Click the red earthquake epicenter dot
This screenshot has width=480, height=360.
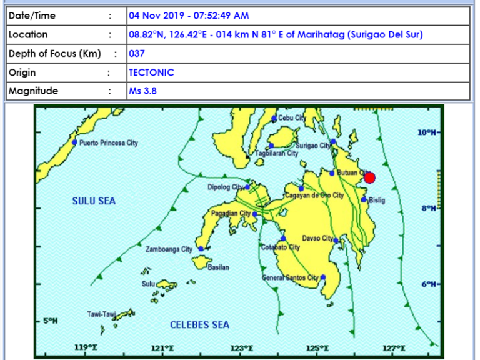point(369,177)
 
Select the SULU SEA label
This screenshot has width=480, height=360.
point(94,201)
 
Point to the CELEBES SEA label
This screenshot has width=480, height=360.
point(199,325)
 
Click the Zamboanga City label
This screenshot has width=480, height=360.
point(169,249)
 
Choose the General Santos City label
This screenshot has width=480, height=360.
point(291,277)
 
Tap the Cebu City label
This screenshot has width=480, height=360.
point(292,117)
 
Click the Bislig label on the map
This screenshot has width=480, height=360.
point(377,201)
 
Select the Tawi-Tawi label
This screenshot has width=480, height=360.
point(101,314)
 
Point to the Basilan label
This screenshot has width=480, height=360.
point(218,267)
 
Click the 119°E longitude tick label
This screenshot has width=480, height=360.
point(86,348)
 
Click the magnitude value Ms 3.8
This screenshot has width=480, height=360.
point(142,91)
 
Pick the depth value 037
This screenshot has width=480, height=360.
point(137,53)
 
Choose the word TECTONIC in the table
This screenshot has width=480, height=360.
point(151,72)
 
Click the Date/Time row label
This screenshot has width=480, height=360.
point(32,16)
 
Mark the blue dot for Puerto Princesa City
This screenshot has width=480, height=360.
point(74,142)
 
